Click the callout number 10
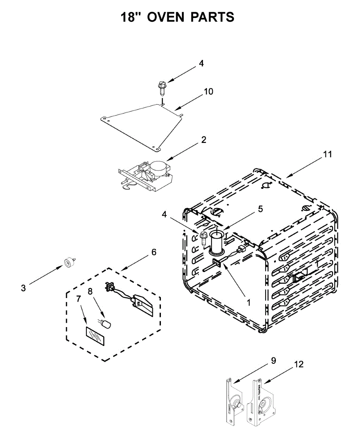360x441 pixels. (x=208, y=92)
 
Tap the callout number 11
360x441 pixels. (x=327, y=154)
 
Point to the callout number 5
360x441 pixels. (x=260, y=209)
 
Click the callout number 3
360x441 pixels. (x=23, y=288)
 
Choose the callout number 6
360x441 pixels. (x=154, y=252)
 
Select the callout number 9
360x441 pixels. (x=273, y=361)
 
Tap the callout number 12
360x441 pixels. (x=299, y=365)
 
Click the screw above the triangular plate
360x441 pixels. (x=162, y=88)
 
